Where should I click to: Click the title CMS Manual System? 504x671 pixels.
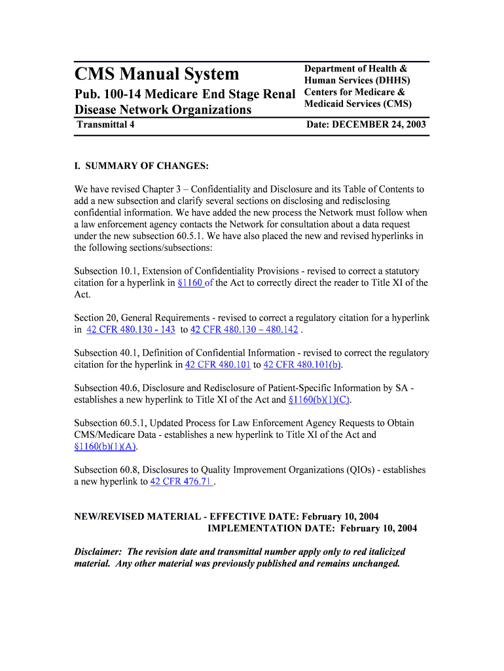(x=156, y=74)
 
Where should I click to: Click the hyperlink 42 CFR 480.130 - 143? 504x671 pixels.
(x=130, y=330)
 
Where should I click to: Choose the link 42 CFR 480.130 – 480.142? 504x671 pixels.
(x=244, y=330)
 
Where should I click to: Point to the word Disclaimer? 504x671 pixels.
(x=98, y=552)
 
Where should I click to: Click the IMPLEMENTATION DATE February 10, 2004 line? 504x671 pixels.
(x=312, y=528)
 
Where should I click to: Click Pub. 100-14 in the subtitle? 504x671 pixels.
(x=109, y=94)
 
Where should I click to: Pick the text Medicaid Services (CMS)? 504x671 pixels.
(x=357, y=104)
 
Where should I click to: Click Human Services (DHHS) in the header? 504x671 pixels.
(x=357, y=81)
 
